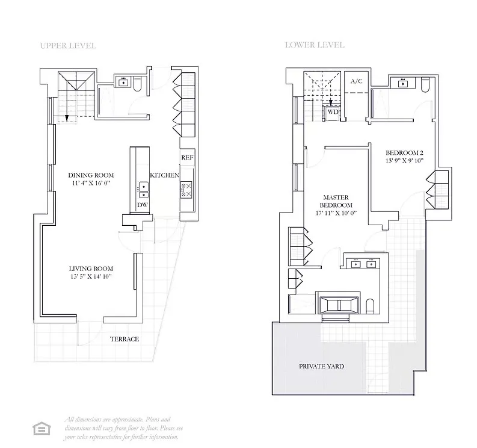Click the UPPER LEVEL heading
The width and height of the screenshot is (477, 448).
(x=67, y=46)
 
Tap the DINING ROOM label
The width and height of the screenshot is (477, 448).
(x=91, y=175)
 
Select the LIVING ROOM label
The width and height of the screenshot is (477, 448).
(x=91, y=269)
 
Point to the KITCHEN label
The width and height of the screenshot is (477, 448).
(x=164, y=175)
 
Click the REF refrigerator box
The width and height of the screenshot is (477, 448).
(x=187, y=158)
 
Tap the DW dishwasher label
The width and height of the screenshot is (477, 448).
(x=143, y=205)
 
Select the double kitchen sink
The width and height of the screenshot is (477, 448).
(x=143, y=190)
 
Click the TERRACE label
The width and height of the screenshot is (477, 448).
(x=124, y=339)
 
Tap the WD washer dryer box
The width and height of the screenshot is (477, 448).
(x=333, y=111)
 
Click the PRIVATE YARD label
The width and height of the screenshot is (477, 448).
(x=322, y=366)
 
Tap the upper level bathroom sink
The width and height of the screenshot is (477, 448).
(x=125, y=82)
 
